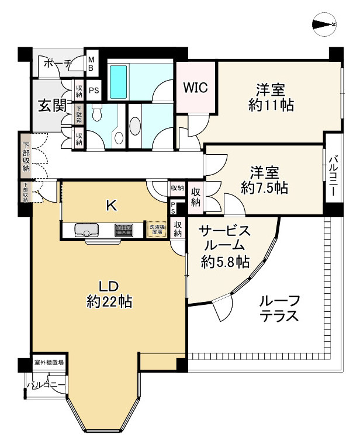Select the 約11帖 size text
270,106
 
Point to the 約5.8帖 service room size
226,263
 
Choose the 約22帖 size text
109,302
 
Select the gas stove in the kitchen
124,230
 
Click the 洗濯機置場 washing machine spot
155,229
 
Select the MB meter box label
92,63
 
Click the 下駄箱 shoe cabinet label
78,113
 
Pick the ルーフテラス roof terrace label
279,309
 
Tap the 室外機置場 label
49,363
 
